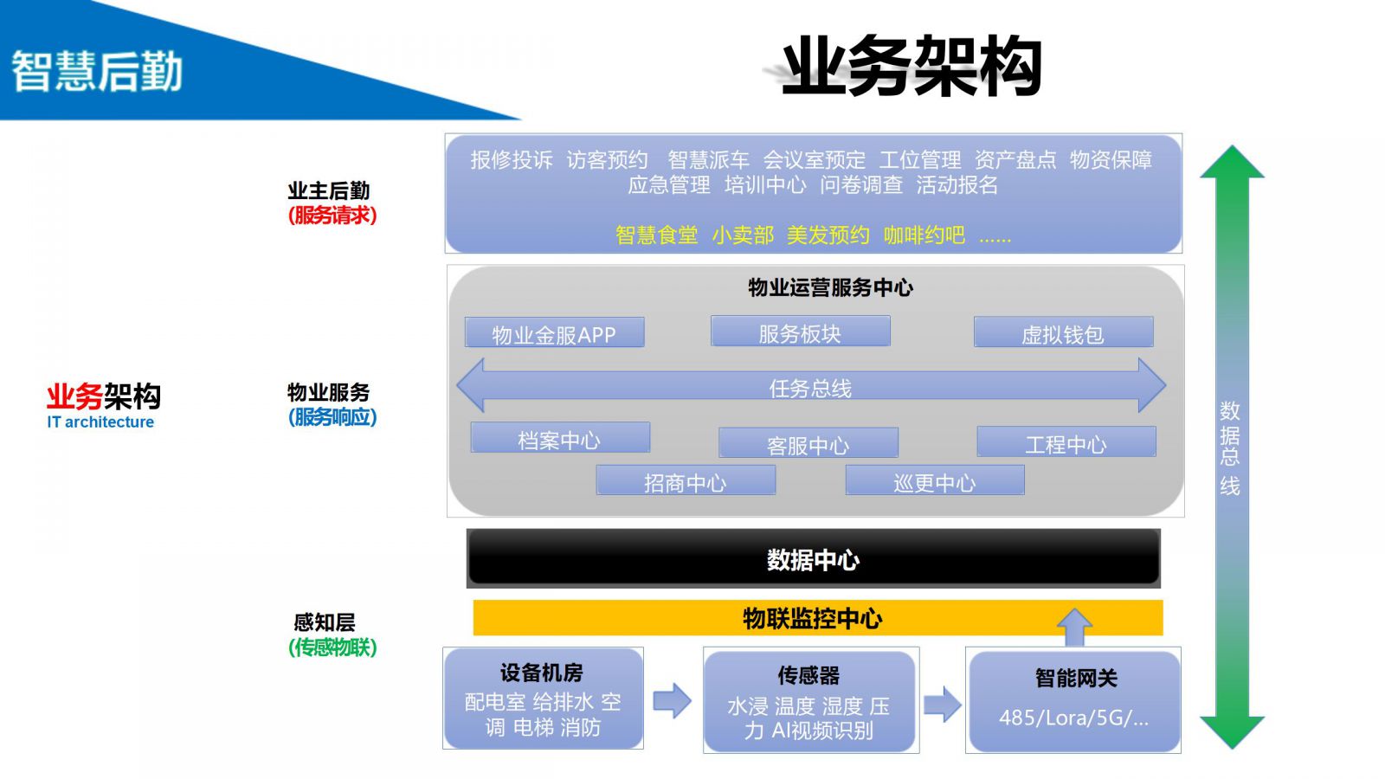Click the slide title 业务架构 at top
tap(912, 67)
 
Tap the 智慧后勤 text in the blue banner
tap(97, 71)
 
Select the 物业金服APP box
tap(554, 333)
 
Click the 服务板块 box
tap(800, 332)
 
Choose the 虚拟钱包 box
tap(1063, 333)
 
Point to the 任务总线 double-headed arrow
tap(810, 387)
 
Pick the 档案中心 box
tap(559, 439)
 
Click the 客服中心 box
tap(808, 444)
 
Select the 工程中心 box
tap(1066, 443)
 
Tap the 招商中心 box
tap(685, 481)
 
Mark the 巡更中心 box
tap(934, 481)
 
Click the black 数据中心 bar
tap(813, 559)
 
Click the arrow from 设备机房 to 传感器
tap(672, 700)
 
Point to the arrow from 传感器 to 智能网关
tap(942, 704)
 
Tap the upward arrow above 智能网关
tap(1074, 626)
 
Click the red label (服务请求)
tap(332, 216)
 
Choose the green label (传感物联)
tap(332, 647)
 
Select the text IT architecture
tap(100, 422)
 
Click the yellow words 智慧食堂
tap(656, 235)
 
